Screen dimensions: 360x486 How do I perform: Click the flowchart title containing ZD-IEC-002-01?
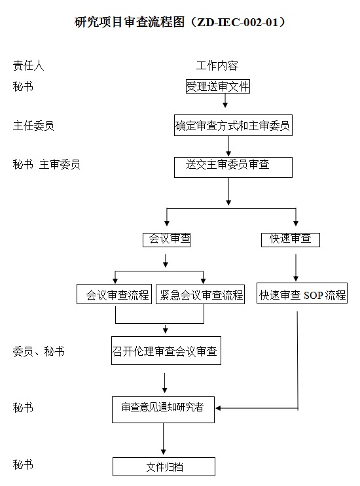click(180, 22)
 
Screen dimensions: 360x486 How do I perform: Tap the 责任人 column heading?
click(29, 65)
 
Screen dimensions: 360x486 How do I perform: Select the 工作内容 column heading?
click(217, 65)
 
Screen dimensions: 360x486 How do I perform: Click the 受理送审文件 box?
click(218, 86)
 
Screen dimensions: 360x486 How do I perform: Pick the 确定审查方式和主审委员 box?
click(233, 126)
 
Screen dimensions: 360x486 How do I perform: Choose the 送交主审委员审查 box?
click(233, 167)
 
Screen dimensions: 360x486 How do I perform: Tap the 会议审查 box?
click(166, 239)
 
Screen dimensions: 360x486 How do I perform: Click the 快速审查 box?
click(291, 239)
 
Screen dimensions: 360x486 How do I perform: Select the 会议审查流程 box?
click(114, 294)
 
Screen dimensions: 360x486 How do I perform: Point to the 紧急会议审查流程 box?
click(200, 294)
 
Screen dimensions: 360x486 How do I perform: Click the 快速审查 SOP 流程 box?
click(302, 293)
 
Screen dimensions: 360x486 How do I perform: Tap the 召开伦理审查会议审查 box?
click(166, 351)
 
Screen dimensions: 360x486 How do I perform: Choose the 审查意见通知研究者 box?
click(163, 409)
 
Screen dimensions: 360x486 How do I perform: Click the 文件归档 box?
click(164, 467)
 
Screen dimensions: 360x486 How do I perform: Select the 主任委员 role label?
click(33, 126)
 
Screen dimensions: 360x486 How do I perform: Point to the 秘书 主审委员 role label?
click(46, 164)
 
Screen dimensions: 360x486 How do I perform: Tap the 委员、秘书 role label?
click(39, 351)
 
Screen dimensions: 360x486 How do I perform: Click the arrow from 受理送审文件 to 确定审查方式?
click(225, 101)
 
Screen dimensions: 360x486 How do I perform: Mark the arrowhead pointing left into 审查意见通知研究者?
click(218, 408)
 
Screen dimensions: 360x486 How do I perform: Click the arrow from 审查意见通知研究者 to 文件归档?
click(164, 439)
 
